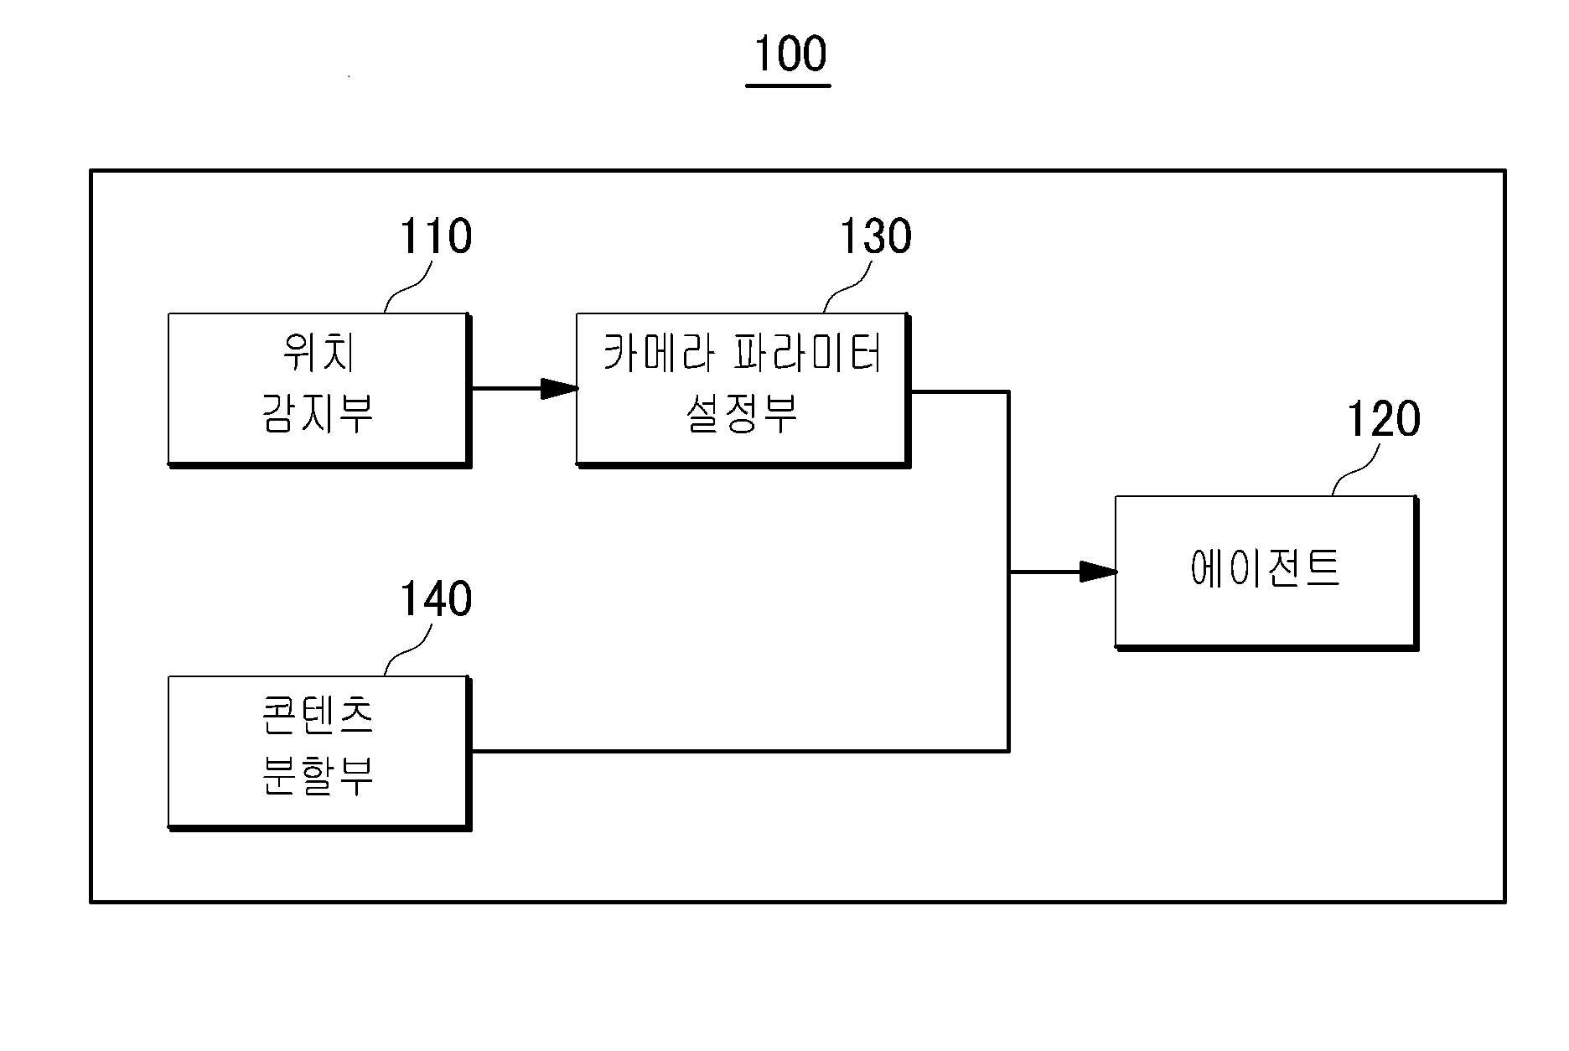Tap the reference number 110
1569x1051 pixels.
pyautogui.click(x=435, y=236)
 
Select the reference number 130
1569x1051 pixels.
pyautogui.click(x=875, y=236)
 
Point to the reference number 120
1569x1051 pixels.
pyautogui.click(x=1383, y=419)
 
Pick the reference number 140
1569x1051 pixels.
pyautogui.click(x=435, y=599)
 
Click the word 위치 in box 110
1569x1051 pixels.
pyautogui.click(x=318, y=353)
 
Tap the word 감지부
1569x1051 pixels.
pyautogui.click(x=318, y=413)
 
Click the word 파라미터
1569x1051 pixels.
pyautogui.click(x=809, y=353)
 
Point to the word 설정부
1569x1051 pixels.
pyautogui.click(x=742, y=413)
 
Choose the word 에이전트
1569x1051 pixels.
pyautogui.click(x=1265, y=567)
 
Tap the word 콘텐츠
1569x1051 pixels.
pyautogui.click(x=318, y=715)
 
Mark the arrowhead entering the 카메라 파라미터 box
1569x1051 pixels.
pyautogui.click(x=560, y=388)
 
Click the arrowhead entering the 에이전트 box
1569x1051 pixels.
pyautogui.click(x=1098, y=572)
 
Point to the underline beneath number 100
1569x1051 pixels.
pyautogui.click(x=788, y=85)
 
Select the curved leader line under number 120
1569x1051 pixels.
pyautogui.click(x=1356, y=469)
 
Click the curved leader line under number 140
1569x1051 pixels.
pyautogui.click(x=408, y=650)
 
